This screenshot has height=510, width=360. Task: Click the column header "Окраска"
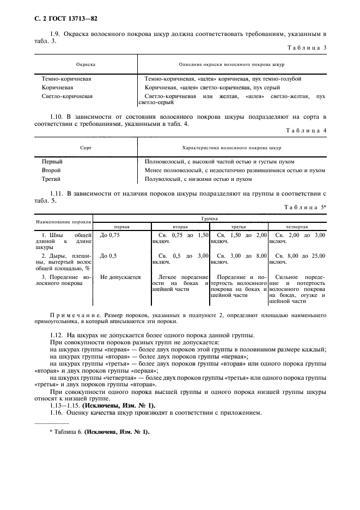pyautogui.click(x=86, y=64)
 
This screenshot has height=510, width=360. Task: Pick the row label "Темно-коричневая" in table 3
pyautogui.click(x=66, y=78)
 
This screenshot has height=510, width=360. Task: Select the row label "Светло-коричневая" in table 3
pyautogui.click(x=67, y=96)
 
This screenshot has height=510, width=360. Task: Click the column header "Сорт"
pyautogui.click(x=86, y=148)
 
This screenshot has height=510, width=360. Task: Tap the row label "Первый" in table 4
pyautogui.click(x=52, y=162)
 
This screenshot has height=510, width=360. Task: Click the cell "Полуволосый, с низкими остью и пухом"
pyautogui.click(x=199, y=179)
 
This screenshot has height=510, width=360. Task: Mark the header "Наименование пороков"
pyautogui.click(x=63, y=222)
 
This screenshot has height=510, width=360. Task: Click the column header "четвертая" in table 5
pyautogui.click(x=297, y=226)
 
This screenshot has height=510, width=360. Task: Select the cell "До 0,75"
pyautogui.click(x=111, y=235)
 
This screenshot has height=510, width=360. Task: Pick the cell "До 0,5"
pyautogui.click(x=108, y=256)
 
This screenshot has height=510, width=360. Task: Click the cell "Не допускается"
pyautogui.click(x=120, y=277)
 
